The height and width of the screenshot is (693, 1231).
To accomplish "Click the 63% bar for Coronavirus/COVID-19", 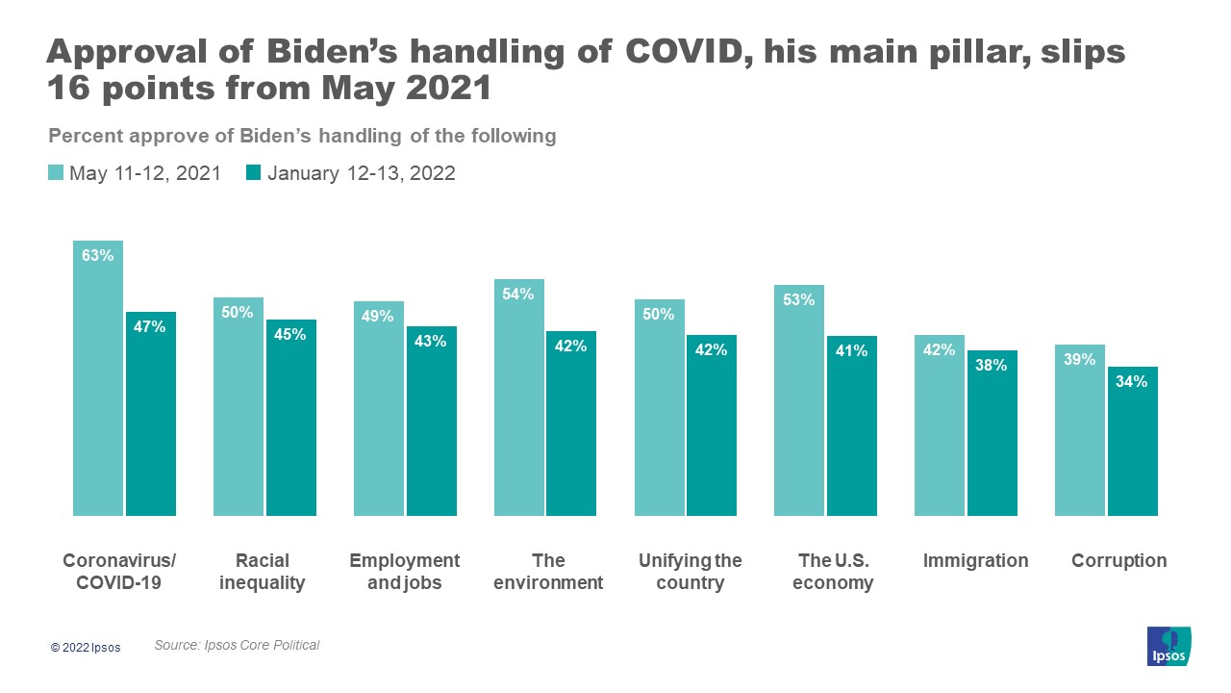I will click(x=98, y=385).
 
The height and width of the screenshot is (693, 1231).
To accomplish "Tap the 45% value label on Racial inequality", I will click(x=290, y=335).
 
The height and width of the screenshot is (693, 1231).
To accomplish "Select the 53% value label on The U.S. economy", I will click(x=799, y=300).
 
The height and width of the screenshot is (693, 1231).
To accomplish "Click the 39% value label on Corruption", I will click(x=1080, y=360).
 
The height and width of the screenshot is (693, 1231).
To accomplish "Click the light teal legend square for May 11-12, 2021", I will click(x=56, y=173).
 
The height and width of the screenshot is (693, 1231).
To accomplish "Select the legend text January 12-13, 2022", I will click(x=361, y=173).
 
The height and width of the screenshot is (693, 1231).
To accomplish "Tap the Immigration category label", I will click(x=975, y=561).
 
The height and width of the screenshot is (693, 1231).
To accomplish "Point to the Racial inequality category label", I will click(x=263, y=572).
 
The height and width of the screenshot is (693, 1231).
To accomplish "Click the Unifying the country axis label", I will click(x=691, y=572).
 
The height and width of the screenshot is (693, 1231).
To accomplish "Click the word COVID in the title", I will click(x=684, y=52).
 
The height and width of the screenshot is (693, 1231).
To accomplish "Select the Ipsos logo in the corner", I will click(x=1168, y=646).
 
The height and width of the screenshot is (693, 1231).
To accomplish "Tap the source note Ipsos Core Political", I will click(x=237, y=645).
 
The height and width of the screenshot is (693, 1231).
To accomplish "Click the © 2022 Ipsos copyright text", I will click(x=87, y=648).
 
